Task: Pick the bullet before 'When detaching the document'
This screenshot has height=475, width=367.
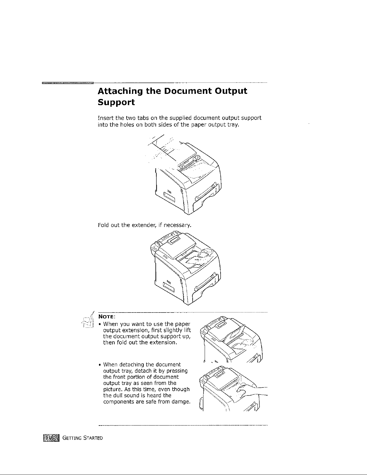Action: (x=100, y=365)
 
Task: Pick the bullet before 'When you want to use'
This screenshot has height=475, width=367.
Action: (x=100, y=324)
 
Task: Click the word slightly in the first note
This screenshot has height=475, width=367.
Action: (x=173, y=330)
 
